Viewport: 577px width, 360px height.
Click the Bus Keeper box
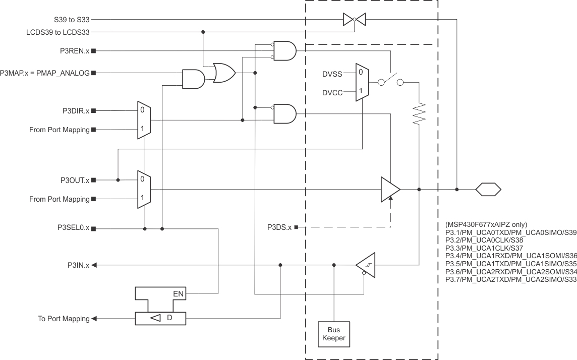click(333, 334)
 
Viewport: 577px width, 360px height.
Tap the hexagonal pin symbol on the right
click(488, 190)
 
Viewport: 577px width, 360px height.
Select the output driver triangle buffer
click(390, 190)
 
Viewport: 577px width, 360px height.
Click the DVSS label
click(332, 74)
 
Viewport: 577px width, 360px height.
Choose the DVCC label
click(332, 92)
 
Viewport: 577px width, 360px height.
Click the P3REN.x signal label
click(74, 51)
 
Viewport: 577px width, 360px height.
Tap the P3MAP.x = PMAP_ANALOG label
click(45, 73)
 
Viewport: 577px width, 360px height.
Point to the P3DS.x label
click(279, 227)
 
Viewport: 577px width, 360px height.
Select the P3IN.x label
click(79, 265)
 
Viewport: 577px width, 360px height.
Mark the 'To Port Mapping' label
click(64, 319)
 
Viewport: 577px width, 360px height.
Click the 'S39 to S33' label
click(72, 20)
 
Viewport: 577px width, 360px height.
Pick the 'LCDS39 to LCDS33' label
click(59, 32)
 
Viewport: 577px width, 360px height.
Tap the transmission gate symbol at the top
click(354, 20)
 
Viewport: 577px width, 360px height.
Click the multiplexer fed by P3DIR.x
click(144, 119)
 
